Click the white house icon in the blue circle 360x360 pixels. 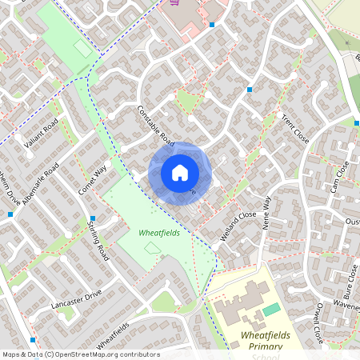coord(179,172)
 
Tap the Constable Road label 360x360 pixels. coord(155,126)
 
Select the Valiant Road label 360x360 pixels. coord(42,134)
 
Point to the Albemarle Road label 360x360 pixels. coord(41,184)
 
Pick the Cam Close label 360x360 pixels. coord(340,177)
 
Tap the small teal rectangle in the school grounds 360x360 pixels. coord(272,309)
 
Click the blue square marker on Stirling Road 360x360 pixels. coord(93,218)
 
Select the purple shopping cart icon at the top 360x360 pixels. coord(174,2)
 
